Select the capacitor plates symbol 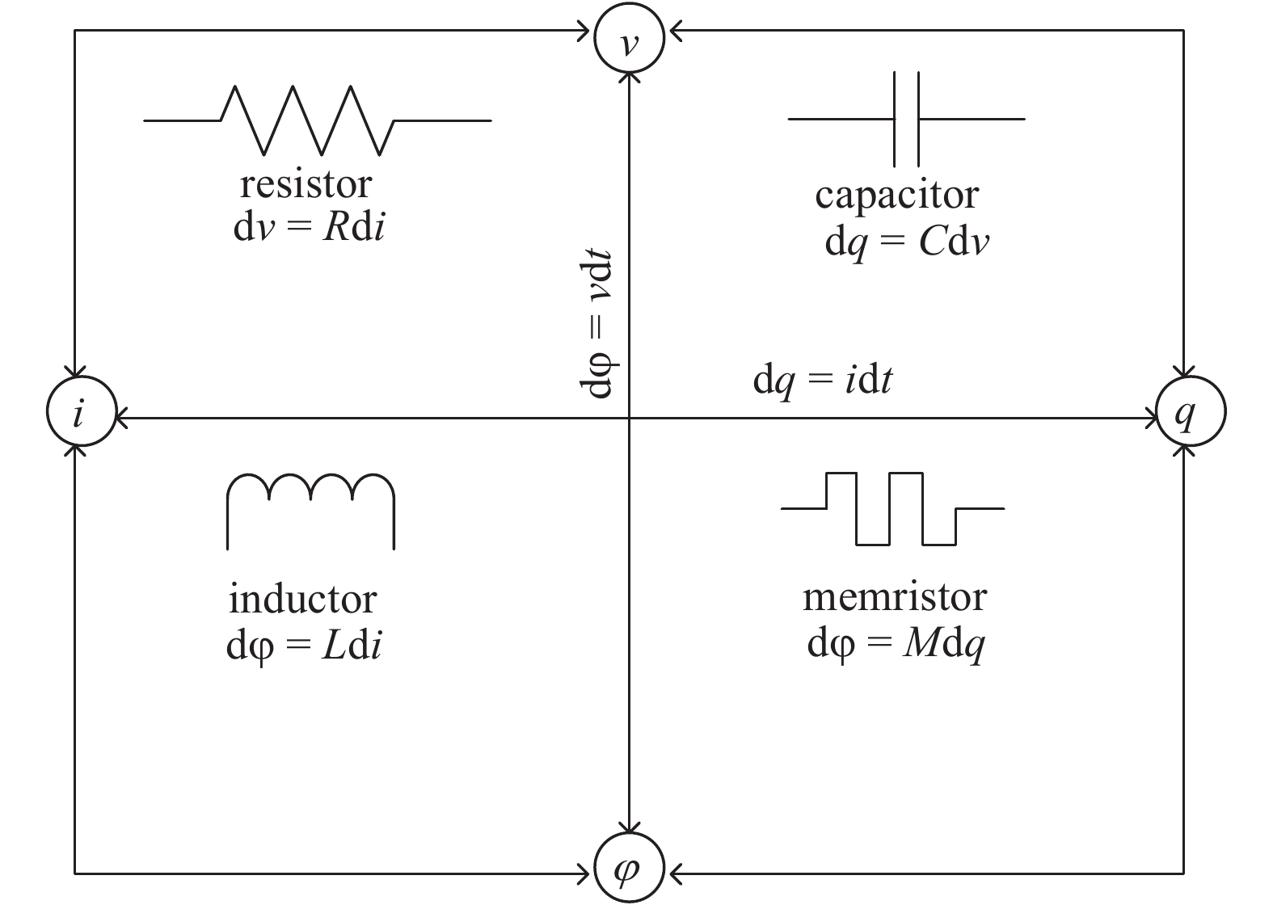pos(906,119)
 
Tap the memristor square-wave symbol pos(892,508)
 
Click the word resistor pos(306,185)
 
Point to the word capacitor pos(896,196)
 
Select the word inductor pos(303,600)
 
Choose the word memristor pos(894,597)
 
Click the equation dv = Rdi pos(309,228)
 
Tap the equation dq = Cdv pos(906,242)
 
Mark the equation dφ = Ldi pos(304,646)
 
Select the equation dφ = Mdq pos(896,645)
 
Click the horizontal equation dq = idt pos(822,381)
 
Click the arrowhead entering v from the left pos(583,32)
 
